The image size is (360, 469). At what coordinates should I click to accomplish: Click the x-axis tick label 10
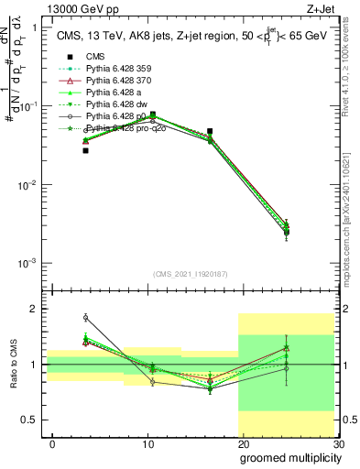click(147, 444)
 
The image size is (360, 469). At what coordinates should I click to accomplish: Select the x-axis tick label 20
click(243, 444)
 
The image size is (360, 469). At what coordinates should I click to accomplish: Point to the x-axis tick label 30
click(337, 444)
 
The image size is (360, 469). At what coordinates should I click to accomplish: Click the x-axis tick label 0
click(52, 444)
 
